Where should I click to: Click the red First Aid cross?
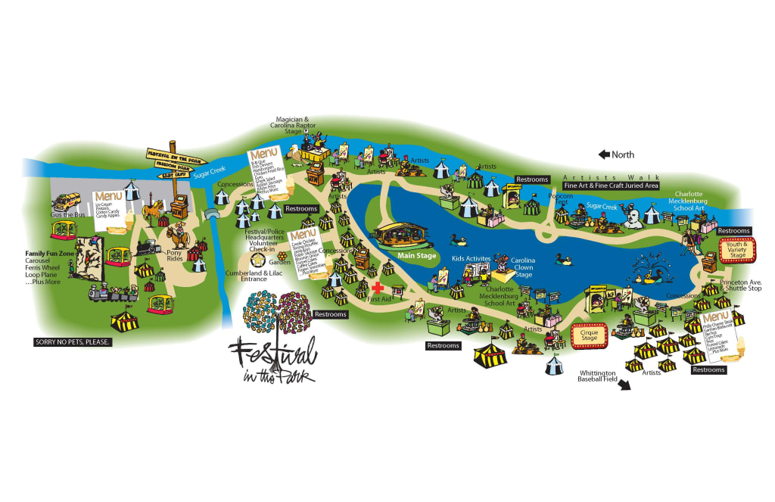378,288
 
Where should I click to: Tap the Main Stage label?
415,256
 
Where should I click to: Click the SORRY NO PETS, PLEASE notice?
73,341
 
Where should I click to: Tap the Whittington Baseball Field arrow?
624,385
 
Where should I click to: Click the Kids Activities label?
472,259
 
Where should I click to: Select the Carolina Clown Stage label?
522,267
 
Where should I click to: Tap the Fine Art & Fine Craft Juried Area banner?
612,186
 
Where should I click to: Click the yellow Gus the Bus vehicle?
65,202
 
